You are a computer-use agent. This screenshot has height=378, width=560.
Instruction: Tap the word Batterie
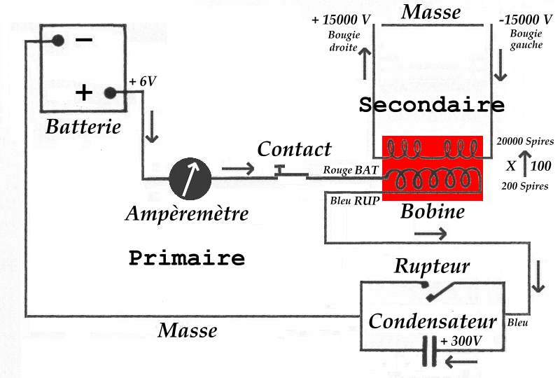(83, 127)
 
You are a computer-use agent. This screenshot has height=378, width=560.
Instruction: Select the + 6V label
(143, 81)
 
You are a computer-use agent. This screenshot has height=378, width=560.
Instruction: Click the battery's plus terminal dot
(109, 92)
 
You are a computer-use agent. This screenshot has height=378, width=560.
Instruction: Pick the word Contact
(294, 149)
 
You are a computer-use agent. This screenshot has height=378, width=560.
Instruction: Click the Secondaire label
(431, 105)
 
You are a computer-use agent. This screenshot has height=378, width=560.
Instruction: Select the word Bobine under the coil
(432, 211)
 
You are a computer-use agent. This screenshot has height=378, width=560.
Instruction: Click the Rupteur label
(431, 266)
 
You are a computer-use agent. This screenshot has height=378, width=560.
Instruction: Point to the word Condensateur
(433, 321)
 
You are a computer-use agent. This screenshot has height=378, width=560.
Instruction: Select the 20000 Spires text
(525, 141)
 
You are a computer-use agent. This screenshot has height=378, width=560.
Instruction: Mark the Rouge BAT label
(351, 170)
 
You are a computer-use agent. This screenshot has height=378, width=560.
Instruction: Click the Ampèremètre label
(187, 213)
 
